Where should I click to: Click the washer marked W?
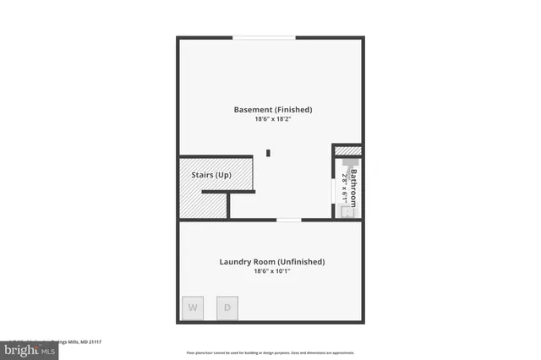pyautogui.click(x=193, y=308)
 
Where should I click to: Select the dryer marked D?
pyautogui.click(x=227, y=308)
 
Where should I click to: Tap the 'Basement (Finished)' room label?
pyautogui.click(x=273, y=110)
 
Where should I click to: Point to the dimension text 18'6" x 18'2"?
pyautogui.click(x=273, y=120)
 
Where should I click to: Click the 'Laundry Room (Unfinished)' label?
pyautogui.click(x=272, y=262)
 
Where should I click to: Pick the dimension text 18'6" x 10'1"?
pyautogui.click(x=272, y=272)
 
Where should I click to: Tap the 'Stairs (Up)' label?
pyautogui.click(x=205, y=175)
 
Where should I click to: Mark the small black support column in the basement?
pyautogui.click(x=269, y=153)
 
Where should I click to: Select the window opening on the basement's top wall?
pyautogui.click(x=265, y=37)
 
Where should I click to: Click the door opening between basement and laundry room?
pyautogui.click(x=288, y=220)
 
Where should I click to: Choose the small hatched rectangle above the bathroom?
pyautogui.click(x=348, y=151)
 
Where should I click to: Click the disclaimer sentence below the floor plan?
pyautogui.click(x=270, y=352)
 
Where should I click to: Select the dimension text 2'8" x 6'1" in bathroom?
pyautogui.click(x=345, y=187)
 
